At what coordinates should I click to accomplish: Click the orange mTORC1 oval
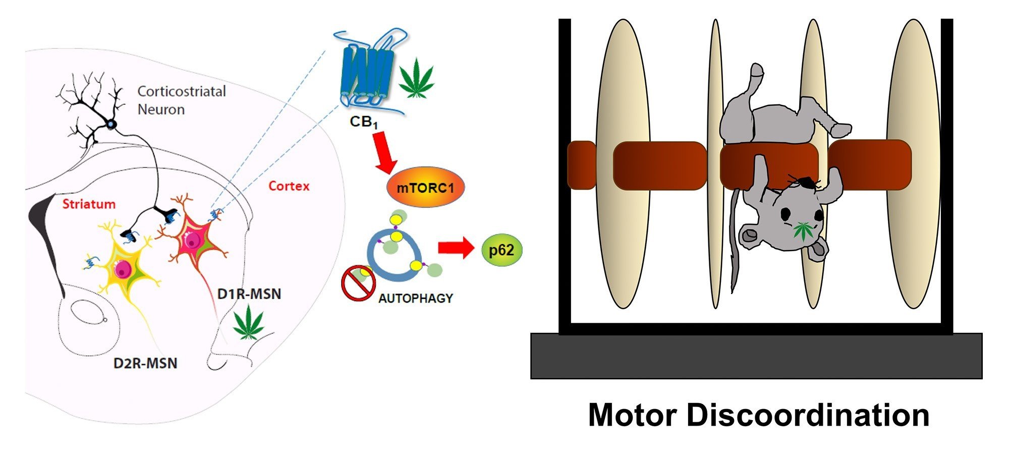[x=425, y=188]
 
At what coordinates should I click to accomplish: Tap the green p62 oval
[x=501, y=250]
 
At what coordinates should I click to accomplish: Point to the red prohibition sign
[x=358, y=283]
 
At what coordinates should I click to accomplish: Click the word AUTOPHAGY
[x=416, y=298]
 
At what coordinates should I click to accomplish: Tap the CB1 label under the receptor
[x=363, y=123]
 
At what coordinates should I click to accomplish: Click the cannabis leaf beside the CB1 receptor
[x=417, y=78]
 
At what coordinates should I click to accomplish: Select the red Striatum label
[x=89, y=204]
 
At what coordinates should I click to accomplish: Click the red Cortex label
[x=289, y=186]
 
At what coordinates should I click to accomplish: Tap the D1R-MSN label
[x=249, y=294]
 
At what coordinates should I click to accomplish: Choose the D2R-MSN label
[x=145, y=363]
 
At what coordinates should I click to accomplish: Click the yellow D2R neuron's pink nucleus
[x=123, y=269]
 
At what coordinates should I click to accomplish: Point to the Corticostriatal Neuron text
[x=181, y=100]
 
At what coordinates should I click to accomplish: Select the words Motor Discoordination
[x=758, y=415]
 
